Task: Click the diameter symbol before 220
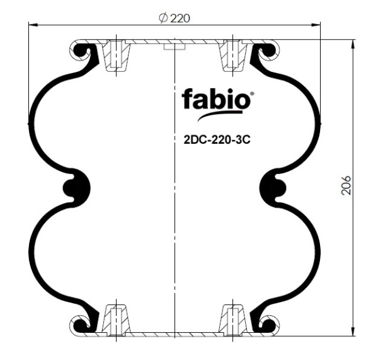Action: pos(163,18)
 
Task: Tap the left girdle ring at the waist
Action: pos(76,187)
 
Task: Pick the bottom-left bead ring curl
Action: pos(81,325)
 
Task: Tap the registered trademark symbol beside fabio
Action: pos(253,94)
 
